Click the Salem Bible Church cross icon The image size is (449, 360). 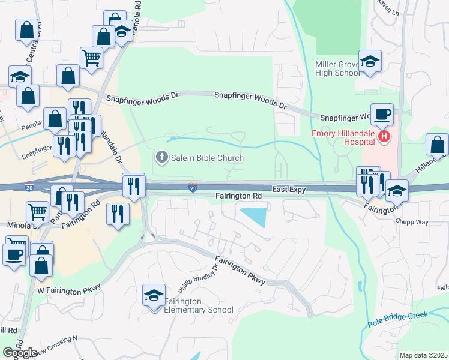coord(161,158)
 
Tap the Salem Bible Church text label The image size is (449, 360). coord(208,158)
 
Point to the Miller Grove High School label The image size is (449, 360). coord(337,68)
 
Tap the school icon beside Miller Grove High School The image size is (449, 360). coord(370,61)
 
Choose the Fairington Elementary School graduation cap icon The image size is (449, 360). coord(154,295)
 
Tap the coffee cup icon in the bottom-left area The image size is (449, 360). coord(14,254)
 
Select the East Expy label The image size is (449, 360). coord(289,189)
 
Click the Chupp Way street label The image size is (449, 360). coord(412,222)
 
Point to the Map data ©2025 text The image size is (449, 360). coord(423,355)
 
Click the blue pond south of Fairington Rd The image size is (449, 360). coord(254,216)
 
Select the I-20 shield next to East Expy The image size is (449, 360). coord(193,188)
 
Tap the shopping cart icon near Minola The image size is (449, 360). coord(37,211)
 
